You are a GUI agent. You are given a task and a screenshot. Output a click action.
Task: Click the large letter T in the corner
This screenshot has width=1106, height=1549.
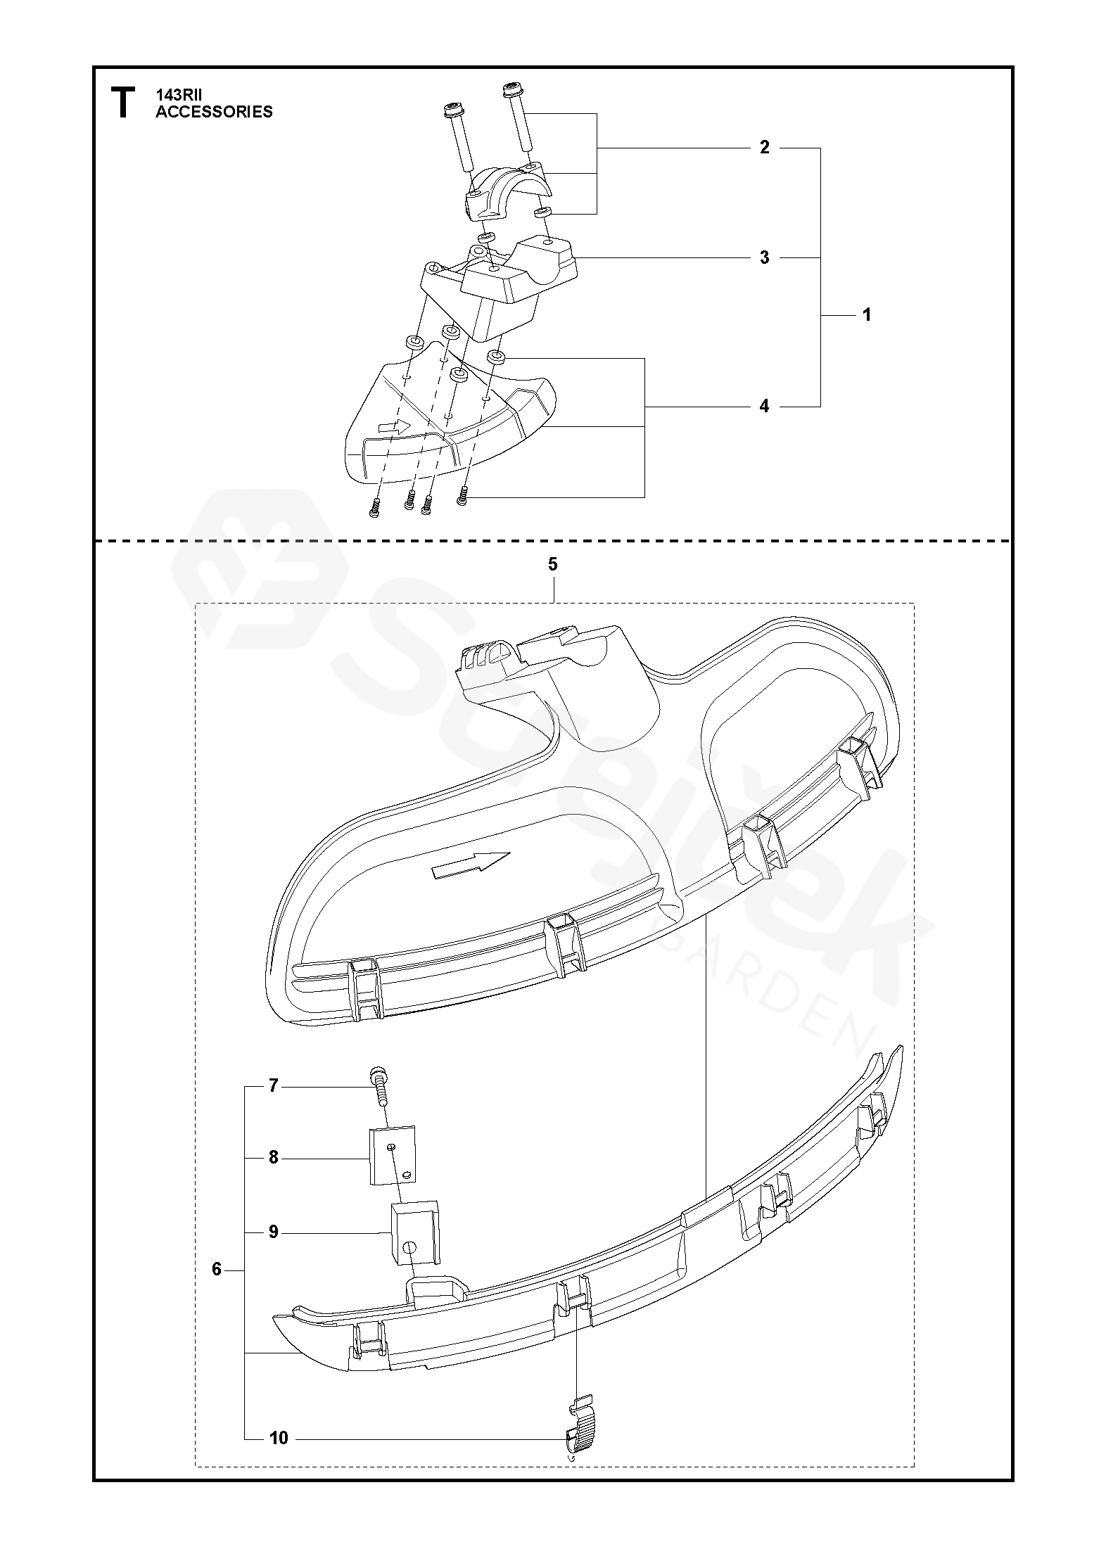pyautogui.click(x=122, y=103)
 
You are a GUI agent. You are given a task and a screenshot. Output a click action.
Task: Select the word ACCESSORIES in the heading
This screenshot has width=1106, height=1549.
pyautogui.click(x=214, y=111)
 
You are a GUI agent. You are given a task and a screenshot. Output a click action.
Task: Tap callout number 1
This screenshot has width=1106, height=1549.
pyautogui.click(x=867, y=315)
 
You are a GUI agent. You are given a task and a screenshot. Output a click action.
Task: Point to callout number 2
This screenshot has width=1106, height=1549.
pyautogui.click(x=764, y=148)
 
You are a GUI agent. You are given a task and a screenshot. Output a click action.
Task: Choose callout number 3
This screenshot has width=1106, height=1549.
pyautogui.click(x=764, y=258)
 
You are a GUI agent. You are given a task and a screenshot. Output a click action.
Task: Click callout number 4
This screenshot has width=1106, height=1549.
pyautogui.click(x=764, y=407)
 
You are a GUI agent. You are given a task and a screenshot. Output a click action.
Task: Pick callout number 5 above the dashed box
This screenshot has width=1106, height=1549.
pyautogui.click(x=552, y=564)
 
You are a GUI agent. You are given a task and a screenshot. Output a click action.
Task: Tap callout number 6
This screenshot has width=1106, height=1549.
pyautogui.click(x=217, y=1270)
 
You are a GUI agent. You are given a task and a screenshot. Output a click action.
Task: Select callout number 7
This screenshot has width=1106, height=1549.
pyautogui.click(x=274, y=1086)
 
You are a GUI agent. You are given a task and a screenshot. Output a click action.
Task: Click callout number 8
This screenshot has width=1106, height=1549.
pyautogui.click(x=274, y=1158)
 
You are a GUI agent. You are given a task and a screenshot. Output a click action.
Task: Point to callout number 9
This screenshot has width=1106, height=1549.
pyautogui.click(x=274, y=1232)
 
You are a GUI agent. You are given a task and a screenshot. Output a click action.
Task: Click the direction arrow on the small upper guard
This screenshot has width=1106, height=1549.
pyautogui.click(x=394, y=426)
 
